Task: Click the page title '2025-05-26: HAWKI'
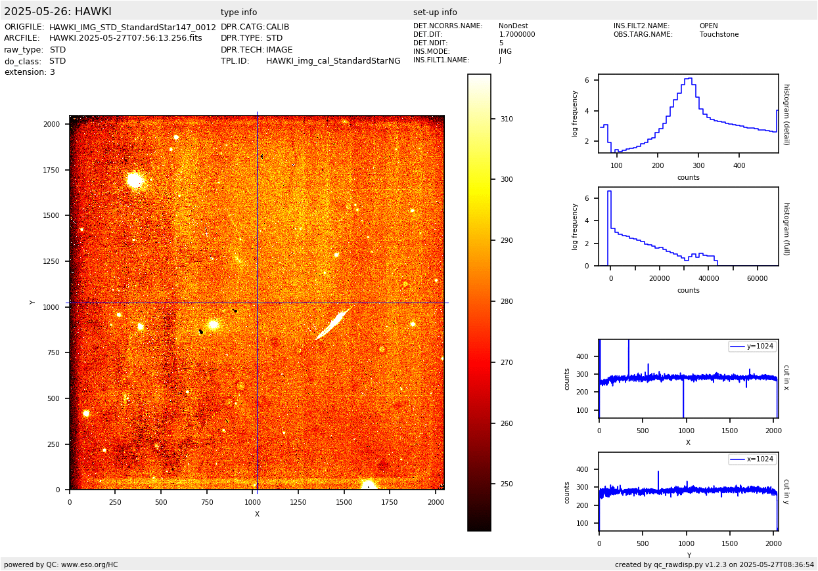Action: click(x=58, y=12)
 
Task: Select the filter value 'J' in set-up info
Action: click(x=501, y=60)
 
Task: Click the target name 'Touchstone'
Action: click(x=719, y=35)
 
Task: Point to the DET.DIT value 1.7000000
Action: click(x=517, y=35)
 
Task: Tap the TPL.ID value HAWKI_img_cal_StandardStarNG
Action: click(x=333, y=61)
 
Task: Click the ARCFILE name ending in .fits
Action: click(x=125, y=38)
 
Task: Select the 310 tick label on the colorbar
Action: click(x=506, y=119)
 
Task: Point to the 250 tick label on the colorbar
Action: click(x=506, y=484)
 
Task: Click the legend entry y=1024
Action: click(x=752, y=346)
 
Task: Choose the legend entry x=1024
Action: click(x=752, y=459)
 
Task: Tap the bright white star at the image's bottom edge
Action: click(x=369, y=484)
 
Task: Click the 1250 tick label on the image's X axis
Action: click(x=298, y=502)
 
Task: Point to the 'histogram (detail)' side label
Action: click(x=786, y=114)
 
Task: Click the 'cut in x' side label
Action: click(x=786, y=377)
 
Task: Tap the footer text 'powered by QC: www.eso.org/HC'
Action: click(x=61, y=564)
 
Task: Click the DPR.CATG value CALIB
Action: click(x=277, y=27)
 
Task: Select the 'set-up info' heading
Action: click(x=435, y=12)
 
